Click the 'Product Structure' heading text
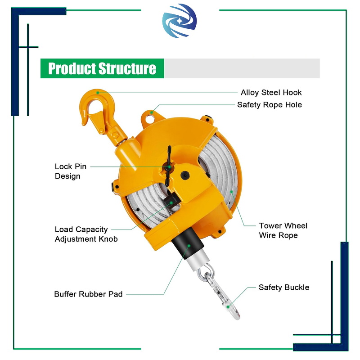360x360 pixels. click(102, 68)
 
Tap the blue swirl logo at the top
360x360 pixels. click(180, 22)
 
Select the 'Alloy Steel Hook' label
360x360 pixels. click(271, 93)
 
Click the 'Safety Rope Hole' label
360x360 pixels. click(270, 105)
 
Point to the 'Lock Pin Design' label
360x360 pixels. click(70, 171)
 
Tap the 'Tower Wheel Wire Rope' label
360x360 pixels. click(283, 230)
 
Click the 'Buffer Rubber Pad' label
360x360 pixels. click(88, 294)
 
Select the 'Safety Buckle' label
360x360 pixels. click(283, 288)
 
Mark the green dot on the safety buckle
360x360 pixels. click(229, 306)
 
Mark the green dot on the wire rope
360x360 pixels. click(232, 192)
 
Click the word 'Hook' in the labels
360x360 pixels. click(292, 93)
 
